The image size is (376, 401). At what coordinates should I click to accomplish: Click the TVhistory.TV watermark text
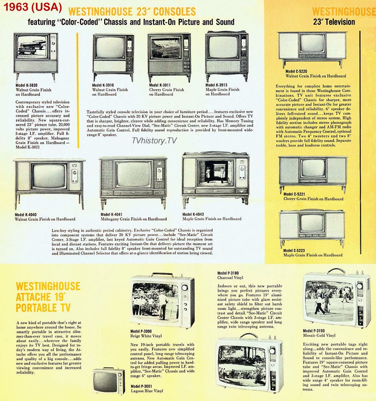point(155,141)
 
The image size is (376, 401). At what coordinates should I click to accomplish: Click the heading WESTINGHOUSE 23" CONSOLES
point(133,12)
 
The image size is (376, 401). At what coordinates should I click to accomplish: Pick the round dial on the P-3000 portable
point(185,288)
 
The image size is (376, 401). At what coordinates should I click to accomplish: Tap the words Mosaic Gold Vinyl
point(319,336)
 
